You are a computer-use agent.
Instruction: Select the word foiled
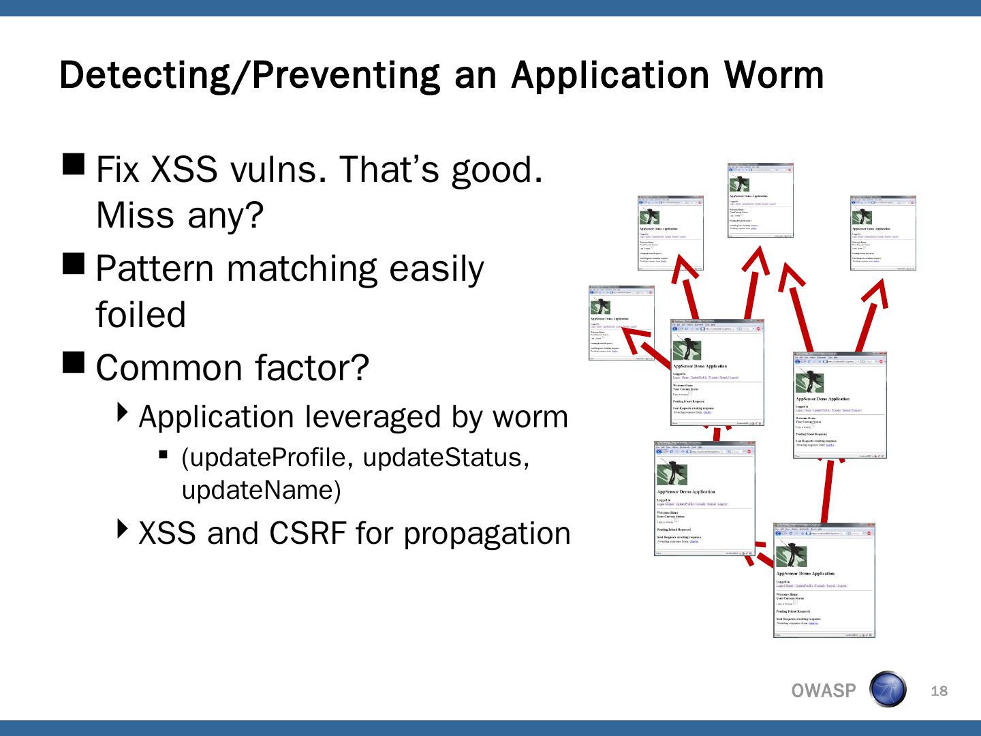140,315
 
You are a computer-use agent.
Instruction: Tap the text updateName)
261,490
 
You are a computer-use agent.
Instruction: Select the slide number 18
939,691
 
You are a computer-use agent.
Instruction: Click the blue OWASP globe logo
888,689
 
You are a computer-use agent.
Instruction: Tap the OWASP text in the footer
823,691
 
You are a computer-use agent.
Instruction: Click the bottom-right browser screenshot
824,581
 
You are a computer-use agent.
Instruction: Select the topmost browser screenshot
760,201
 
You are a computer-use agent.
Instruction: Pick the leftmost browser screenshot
621,322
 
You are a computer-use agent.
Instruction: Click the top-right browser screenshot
883,233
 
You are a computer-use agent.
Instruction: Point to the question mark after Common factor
360,367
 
